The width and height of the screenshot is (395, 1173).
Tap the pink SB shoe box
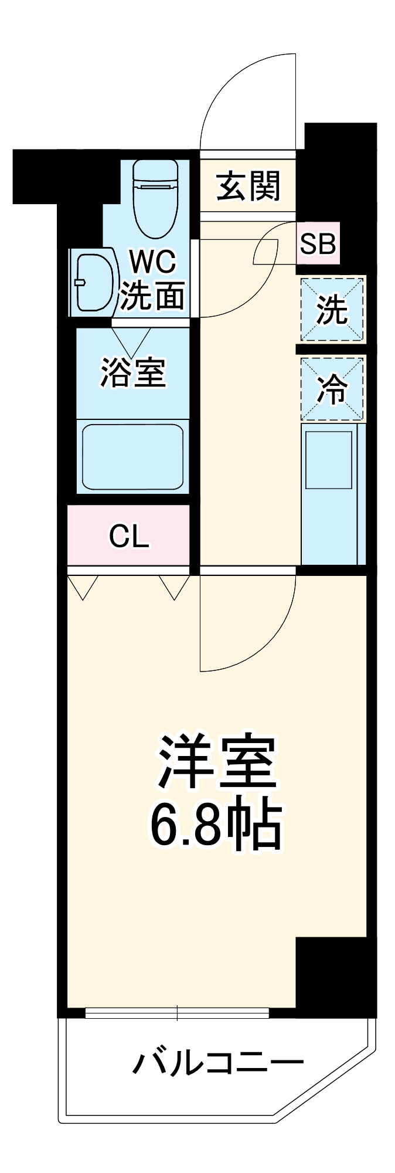pos(317,243)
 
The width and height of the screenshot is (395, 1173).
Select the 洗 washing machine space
pos(332,310)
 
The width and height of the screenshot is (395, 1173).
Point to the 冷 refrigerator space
pos(332,388)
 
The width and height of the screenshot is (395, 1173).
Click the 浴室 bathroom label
pos(133,372)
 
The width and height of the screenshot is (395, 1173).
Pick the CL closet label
pos(130,535)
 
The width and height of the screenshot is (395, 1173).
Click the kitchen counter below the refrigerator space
pos(332,493)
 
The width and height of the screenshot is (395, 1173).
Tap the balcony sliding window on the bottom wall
pos(177,1012)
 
